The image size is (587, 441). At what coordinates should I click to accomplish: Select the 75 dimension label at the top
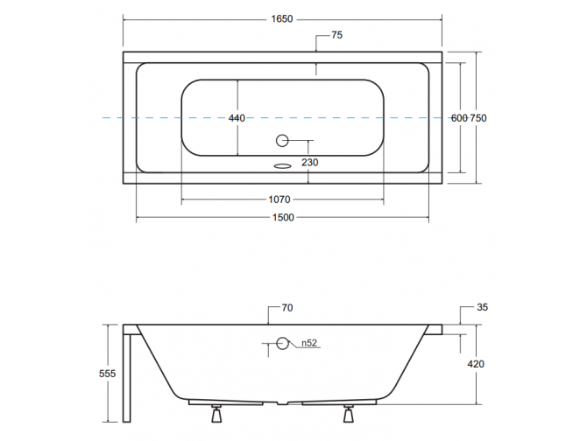click(x=336, y=36)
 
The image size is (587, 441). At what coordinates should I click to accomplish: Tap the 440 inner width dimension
click(x=237, y=118)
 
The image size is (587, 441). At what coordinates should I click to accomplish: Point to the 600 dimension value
click(x=459, y=118)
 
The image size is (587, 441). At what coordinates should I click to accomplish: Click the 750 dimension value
click(x=478, y=118)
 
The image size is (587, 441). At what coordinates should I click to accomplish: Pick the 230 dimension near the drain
click(x=310, y=161)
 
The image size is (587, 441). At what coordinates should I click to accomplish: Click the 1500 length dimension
click(x=281, y=217)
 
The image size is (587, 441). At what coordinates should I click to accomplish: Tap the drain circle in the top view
click(x=282, y=140)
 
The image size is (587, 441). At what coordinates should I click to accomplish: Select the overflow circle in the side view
click(x=282, y=343)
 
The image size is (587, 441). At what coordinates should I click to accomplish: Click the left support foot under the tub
click(x=214, y=413)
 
